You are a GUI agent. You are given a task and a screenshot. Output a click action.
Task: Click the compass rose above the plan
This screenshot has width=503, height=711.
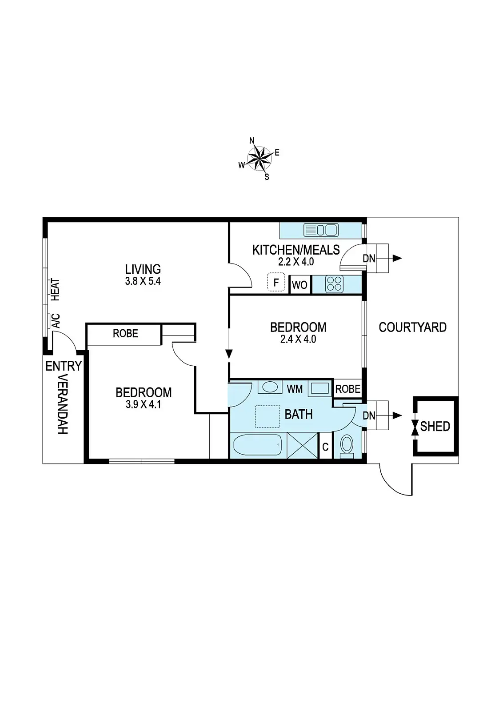[x=259, y=158]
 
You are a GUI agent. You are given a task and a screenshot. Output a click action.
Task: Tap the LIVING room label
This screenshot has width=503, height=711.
[x=143, y=269]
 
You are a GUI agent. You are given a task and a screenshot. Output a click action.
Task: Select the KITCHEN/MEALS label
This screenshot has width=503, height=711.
[x=296, y=250]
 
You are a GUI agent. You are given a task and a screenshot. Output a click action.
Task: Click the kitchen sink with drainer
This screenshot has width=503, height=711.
[x=321, y=230]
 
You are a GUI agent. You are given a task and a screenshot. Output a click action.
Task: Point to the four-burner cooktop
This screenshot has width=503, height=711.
[x=334, y=284]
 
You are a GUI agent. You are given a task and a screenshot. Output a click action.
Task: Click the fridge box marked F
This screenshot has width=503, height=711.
[x=276, y=283]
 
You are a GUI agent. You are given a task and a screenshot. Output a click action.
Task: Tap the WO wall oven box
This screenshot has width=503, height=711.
[x=300, y=285]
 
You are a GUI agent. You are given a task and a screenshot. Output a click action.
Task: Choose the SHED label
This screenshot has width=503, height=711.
[x=435, y=427]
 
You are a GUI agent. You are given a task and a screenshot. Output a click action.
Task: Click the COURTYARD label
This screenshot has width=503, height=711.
[x=412, y=328]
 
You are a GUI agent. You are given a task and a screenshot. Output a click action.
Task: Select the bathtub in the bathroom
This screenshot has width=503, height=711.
[x=258, y=445]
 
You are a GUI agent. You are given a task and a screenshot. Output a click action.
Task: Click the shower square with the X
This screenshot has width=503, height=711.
[x=303, y=445]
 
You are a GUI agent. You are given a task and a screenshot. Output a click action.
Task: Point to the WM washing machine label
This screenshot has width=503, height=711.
[x=295, y=389]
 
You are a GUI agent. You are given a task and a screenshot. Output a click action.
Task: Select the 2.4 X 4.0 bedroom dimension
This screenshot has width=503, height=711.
[x=298, y=339]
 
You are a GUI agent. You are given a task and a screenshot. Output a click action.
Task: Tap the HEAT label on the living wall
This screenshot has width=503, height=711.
[x=55, y=289]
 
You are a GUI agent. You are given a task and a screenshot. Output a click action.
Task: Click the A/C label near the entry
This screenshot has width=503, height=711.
[x=56, y=320]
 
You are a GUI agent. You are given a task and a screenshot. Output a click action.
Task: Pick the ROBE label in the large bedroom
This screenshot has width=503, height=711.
[x=125, y=333]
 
